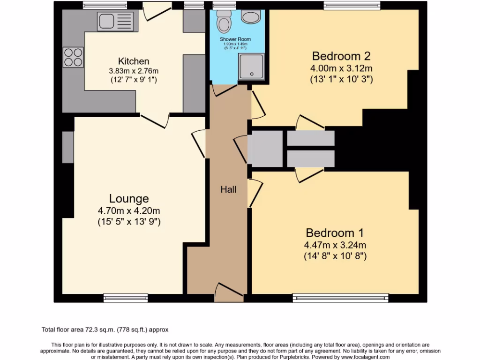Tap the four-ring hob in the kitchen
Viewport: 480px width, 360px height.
point(73,57)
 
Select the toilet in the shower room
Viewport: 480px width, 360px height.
point(225,23)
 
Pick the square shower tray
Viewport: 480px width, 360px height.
point(252,66)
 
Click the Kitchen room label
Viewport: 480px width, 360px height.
point(134,61)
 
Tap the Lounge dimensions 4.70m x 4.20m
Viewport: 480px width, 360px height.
point(129,211)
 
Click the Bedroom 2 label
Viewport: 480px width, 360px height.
point(341,56)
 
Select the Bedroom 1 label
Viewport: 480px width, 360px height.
point(335,233)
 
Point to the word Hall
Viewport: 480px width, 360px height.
point(229,190)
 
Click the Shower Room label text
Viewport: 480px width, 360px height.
point(235,39)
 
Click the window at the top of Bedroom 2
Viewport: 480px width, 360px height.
point(352,5)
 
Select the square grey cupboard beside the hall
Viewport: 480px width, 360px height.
point(265,149)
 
